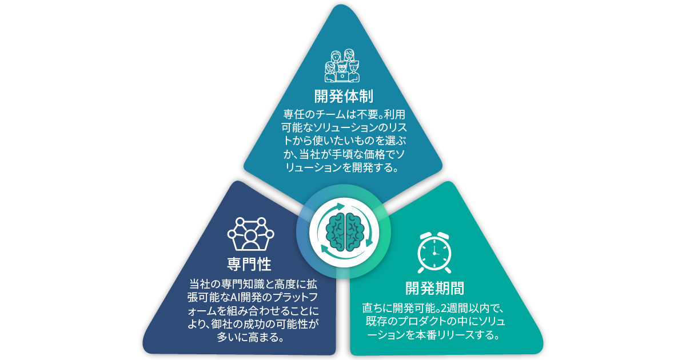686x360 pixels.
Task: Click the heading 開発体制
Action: click(x=344, y=94)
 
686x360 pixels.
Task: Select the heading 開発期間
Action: click(x=434, y=287)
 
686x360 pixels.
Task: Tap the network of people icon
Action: click(x=250, y=233)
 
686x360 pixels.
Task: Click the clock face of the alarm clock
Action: click(x=434, y=251)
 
